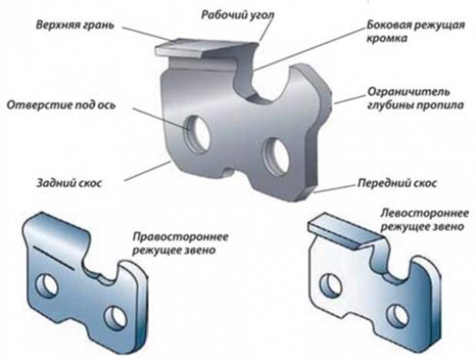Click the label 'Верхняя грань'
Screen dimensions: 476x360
tap(75, 25)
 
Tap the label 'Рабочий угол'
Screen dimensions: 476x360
tap(238, 15)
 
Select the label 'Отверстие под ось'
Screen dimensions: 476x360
tap(61, 105)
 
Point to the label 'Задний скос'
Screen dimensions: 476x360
tap(69, 183)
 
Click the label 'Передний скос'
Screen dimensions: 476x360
tap(397, 183)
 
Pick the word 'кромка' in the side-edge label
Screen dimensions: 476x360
tap(387, 39)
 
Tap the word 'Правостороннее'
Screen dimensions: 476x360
tap(180, 236)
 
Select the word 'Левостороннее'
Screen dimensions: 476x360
tap(425, 213)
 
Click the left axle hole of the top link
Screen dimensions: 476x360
tap(198, 134)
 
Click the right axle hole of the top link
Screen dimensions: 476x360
tap(277, 157)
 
